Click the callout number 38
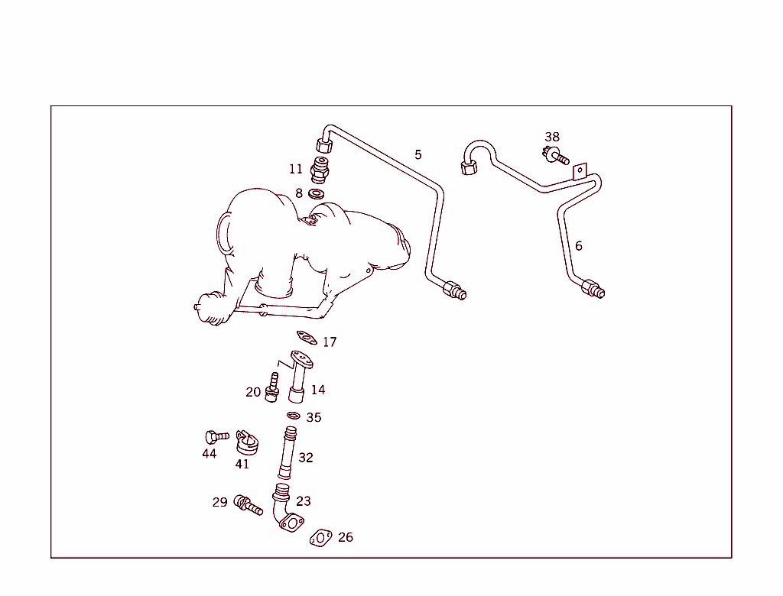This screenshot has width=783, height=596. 552,138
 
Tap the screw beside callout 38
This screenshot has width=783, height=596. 556,157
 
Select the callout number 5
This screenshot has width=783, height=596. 418,154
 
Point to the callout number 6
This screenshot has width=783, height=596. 579,246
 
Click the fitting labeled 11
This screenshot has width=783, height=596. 322,170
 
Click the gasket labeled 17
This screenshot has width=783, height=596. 307,337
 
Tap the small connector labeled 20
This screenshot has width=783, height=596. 271,386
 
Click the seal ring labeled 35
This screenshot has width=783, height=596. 294,416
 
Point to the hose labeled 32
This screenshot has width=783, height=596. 287,455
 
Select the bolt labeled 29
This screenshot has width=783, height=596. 248,504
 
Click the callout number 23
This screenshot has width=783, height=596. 304,501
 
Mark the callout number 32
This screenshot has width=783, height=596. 306,458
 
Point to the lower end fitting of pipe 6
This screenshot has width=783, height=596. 593,290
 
